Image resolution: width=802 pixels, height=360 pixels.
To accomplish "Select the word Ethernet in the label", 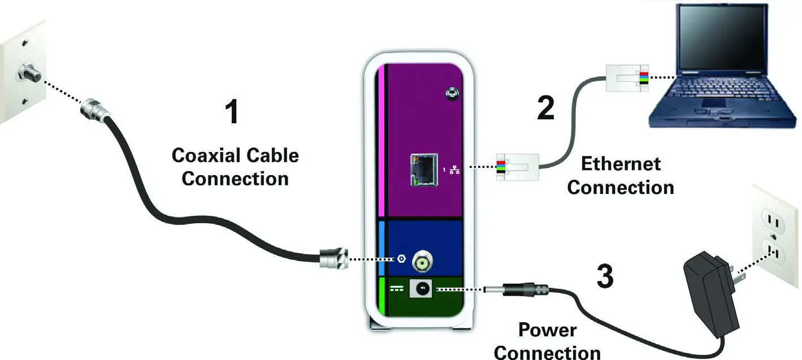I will [621, 164].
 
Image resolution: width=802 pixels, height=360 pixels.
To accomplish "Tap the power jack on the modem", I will [421, 289].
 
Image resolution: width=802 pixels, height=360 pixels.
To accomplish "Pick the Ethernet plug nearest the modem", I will [517, 167].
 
